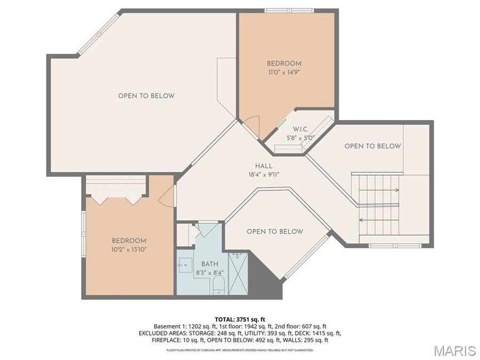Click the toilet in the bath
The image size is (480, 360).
pos(219,284)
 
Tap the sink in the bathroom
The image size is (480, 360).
pos(186,263)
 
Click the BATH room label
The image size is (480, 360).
pos(209,264)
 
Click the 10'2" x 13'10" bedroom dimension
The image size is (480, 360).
pos(129,249)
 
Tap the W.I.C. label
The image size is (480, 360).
pos(300,129)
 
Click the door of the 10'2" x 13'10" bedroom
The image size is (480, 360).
pos(168,196)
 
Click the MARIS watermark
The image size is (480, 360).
pos(454,350)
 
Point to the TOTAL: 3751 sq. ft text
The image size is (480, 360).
pos(239,318)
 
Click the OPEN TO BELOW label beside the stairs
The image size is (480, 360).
pos(372,146)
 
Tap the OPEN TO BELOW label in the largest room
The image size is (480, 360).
pos(146,96)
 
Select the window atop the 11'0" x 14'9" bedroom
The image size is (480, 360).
pos(289,10)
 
